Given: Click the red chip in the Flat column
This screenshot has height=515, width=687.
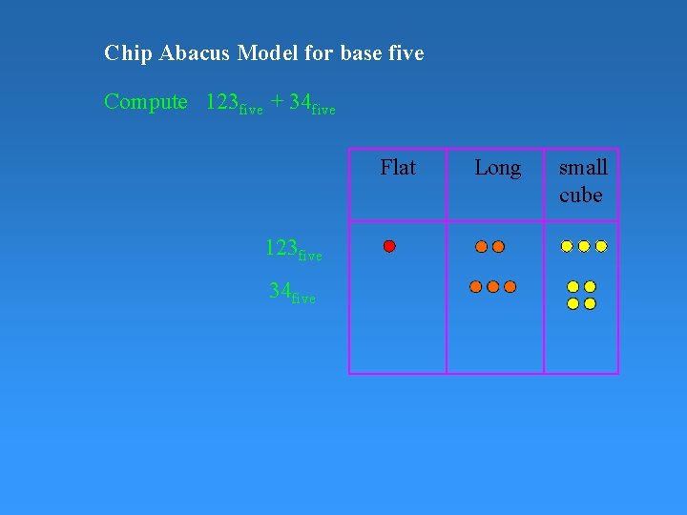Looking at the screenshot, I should tap(389, 246).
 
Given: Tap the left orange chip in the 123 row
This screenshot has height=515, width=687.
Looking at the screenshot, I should tap(482, 246).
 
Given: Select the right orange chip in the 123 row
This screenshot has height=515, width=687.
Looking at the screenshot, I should tap(498, 246).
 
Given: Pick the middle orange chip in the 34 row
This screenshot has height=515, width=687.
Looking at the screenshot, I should tap(492, 286).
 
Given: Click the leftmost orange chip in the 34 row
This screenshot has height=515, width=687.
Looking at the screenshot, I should tap(476, 286).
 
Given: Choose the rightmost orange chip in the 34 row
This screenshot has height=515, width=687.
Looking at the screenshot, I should tap(510, 286).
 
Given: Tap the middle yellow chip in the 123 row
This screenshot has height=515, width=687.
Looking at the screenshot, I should tap(584, 246).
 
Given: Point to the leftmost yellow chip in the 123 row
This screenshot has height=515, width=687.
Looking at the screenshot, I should tap(567, 246).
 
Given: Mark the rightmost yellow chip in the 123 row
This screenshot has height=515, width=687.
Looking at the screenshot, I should tap(601, 246).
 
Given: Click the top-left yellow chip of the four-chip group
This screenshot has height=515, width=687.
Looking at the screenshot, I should tap(572, 286).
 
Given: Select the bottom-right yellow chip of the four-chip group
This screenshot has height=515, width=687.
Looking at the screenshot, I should tap(590, 303).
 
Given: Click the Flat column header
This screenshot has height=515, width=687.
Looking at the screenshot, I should tap(398, 168).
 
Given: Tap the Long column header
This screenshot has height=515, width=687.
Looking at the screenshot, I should tap(497, 169).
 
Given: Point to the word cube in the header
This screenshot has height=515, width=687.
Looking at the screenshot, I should tap(581, 196).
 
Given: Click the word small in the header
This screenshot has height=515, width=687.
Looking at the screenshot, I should tap(583, 168).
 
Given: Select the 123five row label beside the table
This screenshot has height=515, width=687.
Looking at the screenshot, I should tap(293, 250).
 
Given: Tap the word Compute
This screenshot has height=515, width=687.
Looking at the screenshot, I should tap(146, 102).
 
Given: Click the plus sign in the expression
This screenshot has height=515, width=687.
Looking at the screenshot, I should tap(276, 102).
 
